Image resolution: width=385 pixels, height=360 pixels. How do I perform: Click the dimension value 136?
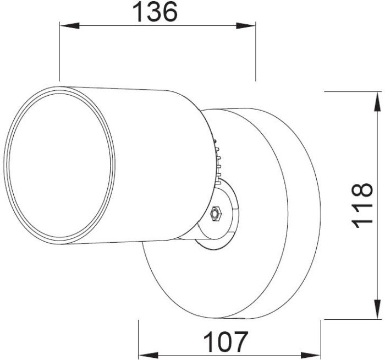tap(155, 12)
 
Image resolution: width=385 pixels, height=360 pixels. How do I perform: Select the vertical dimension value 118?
tap(362, 205)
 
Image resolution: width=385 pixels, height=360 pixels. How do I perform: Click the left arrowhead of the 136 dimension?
tap(69, 25)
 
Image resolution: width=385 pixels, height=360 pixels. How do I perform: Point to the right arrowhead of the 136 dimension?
tap(246, 25)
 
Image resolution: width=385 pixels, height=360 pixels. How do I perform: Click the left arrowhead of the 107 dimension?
tap(148, 355)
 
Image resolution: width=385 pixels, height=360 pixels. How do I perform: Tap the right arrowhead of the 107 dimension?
tap(311, 355)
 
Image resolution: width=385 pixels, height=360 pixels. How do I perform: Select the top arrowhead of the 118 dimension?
tap(378, 101)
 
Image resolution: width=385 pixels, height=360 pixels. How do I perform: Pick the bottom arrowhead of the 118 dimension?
tap(378, 309)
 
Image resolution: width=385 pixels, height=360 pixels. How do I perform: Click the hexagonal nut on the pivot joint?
tap(216, 214)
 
